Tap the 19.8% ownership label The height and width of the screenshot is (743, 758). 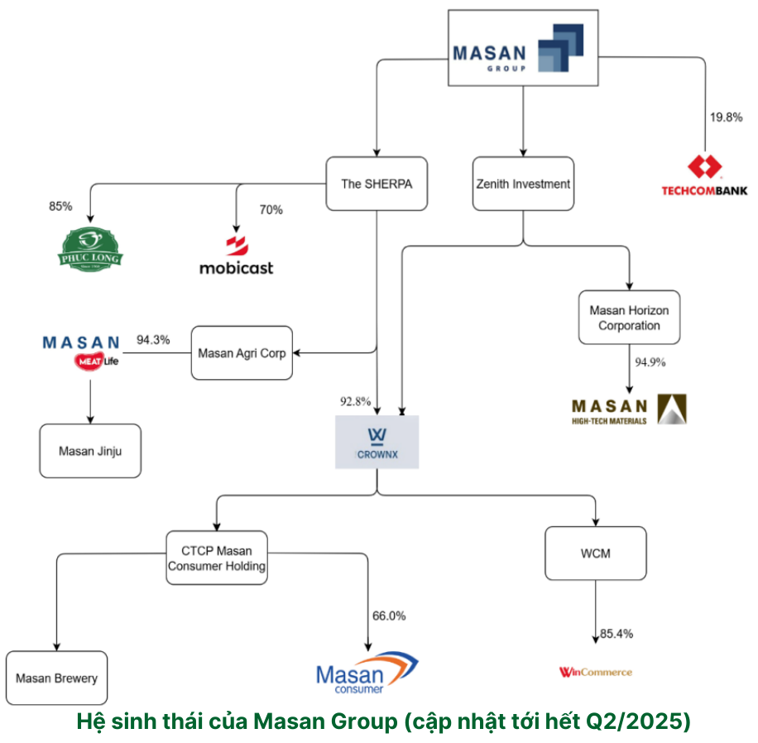coord(726,117)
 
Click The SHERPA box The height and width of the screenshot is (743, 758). coord(376,184)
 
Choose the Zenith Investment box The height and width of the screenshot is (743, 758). coord(524,184)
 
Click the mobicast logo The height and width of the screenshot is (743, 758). coord(236,256)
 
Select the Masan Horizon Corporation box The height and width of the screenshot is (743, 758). coord(629,318)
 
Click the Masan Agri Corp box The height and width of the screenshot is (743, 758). coord(242,353)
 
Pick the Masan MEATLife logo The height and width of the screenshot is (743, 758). coord(81,352)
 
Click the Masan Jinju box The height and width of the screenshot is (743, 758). coord(89,451)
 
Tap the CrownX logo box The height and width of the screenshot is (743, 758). coord(377,442)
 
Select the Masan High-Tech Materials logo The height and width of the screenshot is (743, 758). coord(629,410)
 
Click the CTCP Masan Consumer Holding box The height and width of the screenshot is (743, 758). coord(217,558)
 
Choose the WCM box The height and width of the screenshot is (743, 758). coord(595,554)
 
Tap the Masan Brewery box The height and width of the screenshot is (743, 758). coord(56,678)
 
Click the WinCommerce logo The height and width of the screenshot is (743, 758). coord(595,672)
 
